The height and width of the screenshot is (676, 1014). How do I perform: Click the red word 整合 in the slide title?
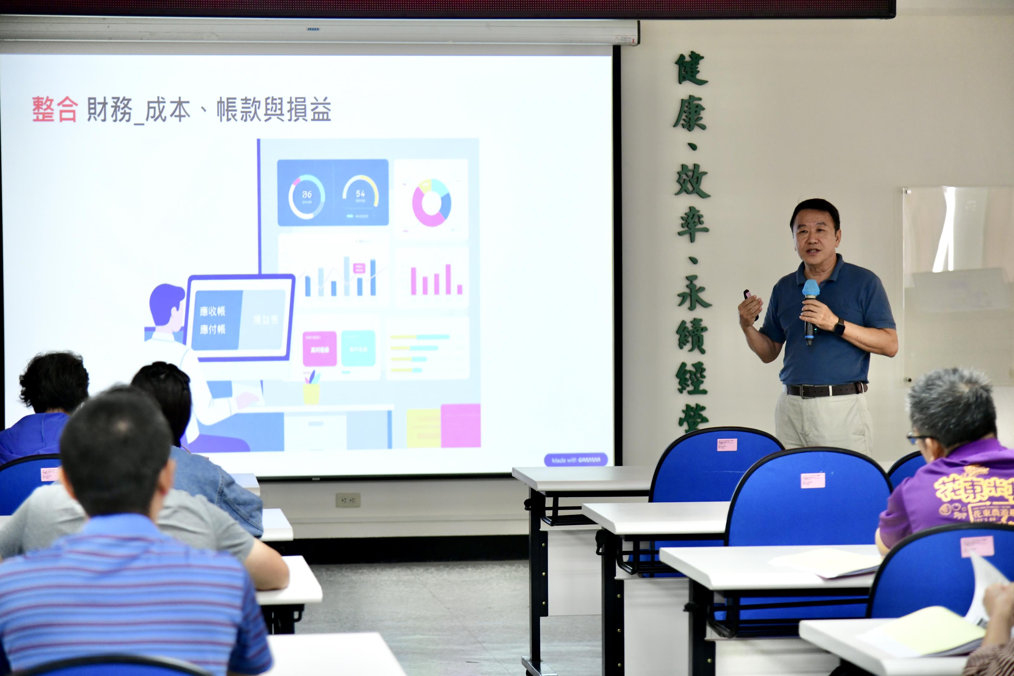(55, 110)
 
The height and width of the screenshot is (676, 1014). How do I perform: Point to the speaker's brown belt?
(825, 390)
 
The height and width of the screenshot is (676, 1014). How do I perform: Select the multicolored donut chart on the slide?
(431, 203)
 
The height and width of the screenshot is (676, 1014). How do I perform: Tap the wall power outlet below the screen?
(348, 500)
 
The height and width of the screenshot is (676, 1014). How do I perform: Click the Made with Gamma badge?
(576, 460)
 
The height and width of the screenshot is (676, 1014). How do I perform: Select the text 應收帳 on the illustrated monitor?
(212, 311)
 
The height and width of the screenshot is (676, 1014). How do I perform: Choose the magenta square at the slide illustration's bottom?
(461, 426)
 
